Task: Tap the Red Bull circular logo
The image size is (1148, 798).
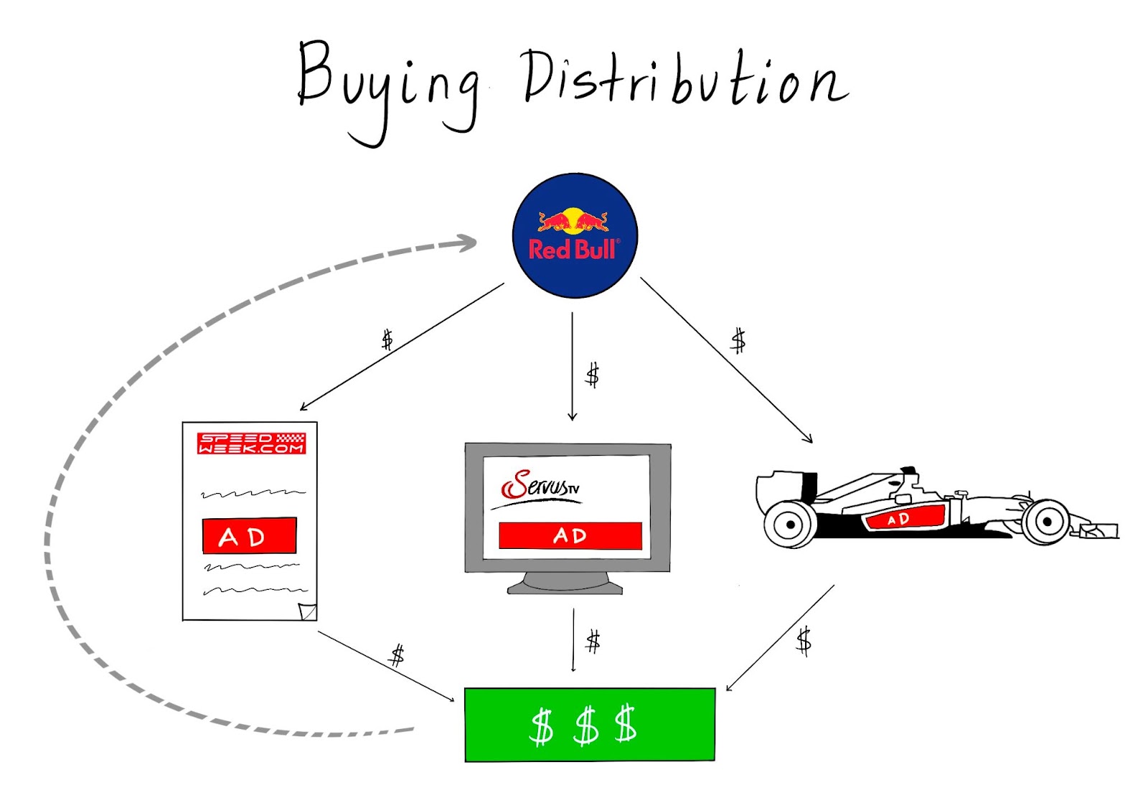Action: point(575,236)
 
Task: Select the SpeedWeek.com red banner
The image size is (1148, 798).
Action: point(251,443)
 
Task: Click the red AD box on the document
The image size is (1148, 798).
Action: point(250,535)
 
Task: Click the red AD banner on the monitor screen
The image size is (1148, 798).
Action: point(570,536)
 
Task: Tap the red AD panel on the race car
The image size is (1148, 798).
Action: point(905,518)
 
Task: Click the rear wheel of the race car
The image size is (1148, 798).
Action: point(790,525)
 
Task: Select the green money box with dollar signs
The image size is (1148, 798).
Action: point(590,724)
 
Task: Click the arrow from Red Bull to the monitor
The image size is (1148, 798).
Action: point(573,366)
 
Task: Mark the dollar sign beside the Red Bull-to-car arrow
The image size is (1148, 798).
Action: point(738,341)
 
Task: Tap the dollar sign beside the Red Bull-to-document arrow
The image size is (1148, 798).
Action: point(387,340)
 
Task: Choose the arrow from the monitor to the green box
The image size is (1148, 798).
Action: point(573,640)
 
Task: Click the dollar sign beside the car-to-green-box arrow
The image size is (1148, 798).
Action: point(804,641)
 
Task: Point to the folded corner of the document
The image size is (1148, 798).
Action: point(308,611)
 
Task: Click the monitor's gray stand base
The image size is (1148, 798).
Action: point(565,588)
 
